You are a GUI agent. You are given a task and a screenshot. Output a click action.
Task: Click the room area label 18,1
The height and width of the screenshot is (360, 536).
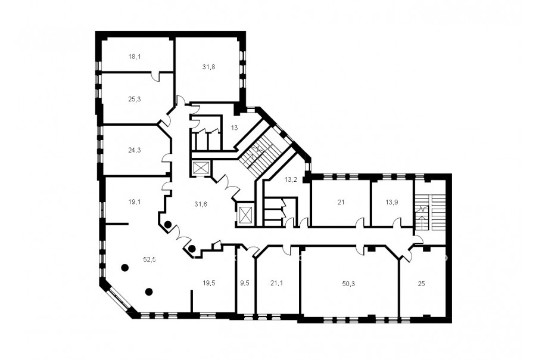(x=135, y=57)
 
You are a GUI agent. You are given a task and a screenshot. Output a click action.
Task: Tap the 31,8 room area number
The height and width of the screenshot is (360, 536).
(x=208, y=67)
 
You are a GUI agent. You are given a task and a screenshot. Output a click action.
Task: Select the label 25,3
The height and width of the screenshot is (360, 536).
(x=135, y=100)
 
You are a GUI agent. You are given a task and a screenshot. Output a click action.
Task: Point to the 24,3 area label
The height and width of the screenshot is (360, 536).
(x=135, y=150)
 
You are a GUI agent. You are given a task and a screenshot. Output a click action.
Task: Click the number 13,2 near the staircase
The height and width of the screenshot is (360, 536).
(x=291, y=179)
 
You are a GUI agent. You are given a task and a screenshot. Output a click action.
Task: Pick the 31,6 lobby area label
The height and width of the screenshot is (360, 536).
(x=201, y=204)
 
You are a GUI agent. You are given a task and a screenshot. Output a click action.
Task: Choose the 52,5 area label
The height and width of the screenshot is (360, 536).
(x=149, y=259)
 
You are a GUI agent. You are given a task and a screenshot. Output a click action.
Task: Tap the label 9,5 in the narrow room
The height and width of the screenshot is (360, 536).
(x=245, y=283)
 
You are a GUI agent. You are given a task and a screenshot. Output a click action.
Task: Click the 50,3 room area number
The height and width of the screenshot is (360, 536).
(x=348, y=283)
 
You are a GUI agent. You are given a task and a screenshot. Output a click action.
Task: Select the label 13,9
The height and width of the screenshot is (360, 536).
(x=391, y=202)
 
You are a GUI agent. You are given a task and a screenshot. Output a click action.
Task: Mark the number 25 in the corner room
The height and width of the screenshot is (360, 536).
(x=421, y=283)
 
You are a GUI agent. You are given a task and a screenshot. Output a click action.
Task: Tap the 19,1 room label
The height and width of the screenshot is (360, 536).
(x=135, y=202)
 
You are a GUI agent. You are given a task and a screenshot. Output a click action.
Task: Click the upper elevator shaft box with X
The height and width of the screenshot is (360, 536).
(x=198, y=168)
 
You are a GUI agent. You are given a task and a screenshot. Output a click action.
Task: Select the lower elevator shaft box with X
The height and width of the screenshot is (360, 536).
(x=245, y=215)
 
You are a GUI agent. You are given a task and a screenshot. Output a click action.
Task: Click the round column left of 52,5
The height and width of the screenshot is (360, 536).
(x=125, y=268)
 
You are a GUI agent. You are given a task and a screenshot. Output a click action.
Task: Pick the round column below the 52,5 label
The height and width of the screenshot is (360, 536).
(x=149, y=291)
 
